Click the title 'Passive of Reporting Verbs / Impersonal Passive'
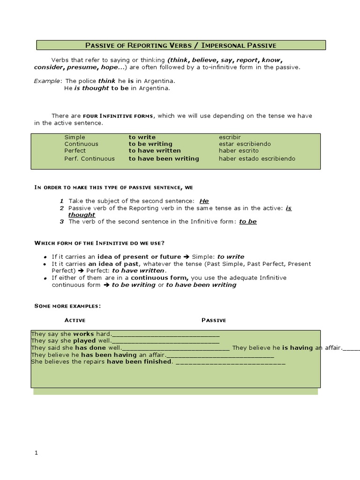[x=180, y=45]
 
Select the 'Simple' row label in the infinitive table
[x=75, y=137]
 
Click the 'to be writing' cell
[x=150, y=144]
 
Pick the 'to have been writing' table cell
[x=164, y=158]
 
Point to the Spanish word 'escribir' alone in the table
[x=230, y=137]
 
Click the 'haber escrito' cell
[x=239, y=151]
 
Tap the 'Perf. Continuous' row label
[x=89, y=158]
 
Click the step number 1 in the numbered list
[x=61, y=201]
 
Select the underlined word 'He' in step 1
[x=204, y=201]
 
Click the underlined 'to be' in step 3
[x=248, y=221]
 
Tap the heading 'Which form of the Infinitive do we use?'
[x=99, y=243]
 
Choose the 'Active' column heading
[x=75, y=320]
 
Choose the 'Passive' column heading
[x=214, y=320]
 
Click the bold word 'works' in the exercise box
[x=83, y=334]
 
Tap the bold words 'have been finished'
[x=139, y=361]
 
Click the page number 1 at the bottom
[x=35, y=452]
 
